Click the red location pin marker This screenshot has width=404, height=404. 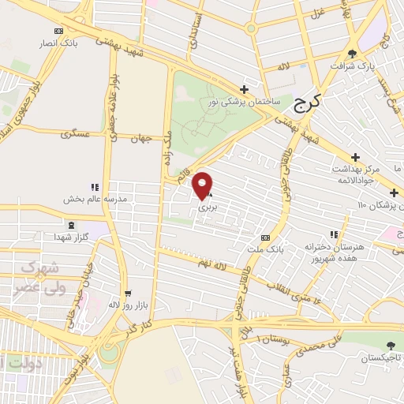[203, 185]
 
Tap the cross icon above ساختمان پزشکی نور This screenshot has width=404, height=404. [245, 88]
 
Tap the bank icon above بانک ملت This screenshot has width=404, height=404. [266, 237]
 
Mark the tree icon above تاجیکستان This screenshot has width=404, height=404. [390, 345]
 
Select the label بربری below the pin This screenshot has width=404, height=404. [207, 207]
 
